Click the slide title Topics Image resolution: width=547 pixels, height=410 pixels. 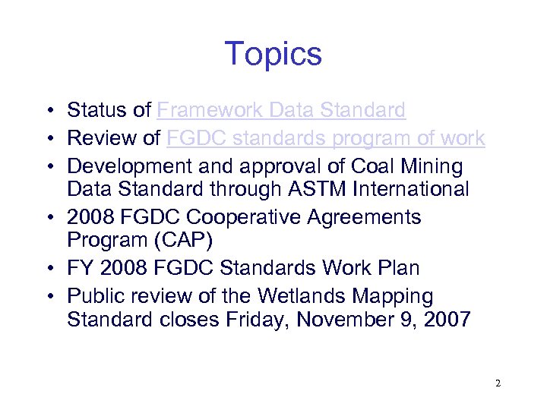273,54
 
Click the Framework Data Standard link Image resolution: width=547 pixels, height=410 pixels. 281,111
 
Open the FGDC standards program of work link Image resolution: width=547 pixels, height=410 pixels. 325,138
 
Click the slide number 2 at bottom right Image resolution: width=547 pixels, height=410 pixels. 498,384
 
